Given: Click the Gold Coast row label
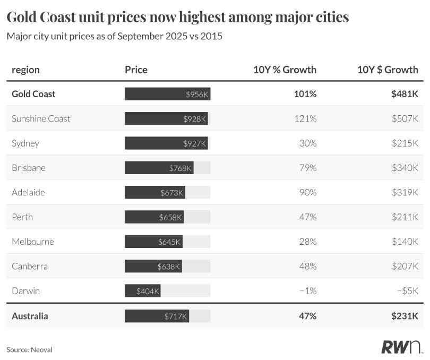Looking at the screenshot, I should pos(33,94).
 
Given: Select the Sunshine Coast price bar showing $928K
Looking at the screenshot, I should pos(166,118).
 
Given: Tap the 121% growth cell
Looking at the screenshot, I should pos(305,118).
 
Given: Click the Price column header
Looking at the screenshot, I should pos(136,70).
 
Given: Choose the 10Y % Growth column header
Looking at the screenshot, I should pos(285,70).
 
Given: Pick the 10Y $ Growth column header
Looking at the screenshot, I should pos(388,70).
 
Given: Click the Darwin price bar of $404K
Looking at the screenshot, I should pos(142,291).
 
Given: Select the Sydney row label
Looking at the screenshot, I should pos(25,143).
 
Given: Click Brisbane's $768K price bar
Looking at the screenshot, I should pos(159,168).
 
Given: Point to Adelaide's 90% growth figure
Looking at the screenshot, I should pos(307,193).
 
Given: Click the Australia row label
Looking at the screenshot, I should pos(30,316).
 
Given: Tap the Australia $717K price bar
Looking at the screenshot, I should pos(157,316).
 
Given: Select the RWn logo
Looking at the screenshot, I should pos(401,347).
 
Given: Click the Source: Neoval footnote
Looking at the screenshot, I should pos(29,349).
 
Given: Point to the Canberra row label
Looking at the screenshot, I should pos(30,267).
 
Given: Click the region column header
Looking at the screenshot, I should pos(25,70).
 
